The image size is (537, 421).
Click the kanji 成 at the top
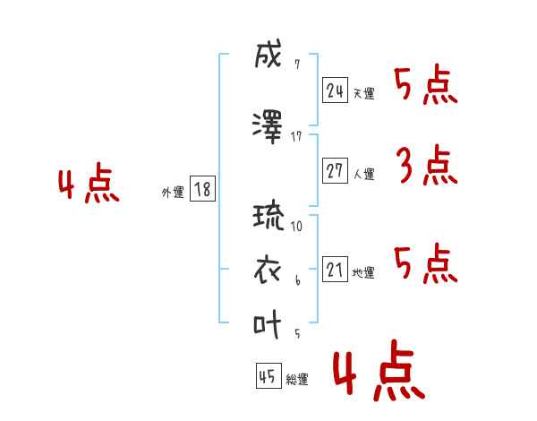pyautogui.click(x=268, y=54)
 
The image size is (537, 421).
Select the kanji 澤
pyautogui.click(x=268, y=127)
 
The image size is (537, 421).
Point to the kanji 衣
pyautogui.click(x=268, y=271)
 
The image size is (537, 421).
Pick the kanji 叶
pyautogui.click(x=267, y=324)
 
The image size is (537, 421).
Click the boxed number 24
pyautogui.click(x=335, y=90)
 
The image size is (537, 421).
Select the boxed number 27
pyautogui.click(x=335, y=170)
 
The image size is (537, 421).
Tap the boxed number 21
pyautogui.click(x=335, y=269)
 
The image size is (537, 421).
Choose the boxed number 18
pyautogui.click(x=202, y=189)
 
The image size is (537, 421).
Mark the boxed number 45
pyautogui.click(x=268, y=375)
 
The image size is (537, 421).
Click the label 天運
pyautogui.click(x=364, y=93)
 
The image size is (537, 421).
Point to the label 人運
pyautogui.click(x=364, y=174)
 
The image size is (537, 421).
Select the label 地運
pyautogui.click(x=363, y=272)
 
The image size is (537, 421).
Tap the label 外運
pyautogui.click(x=173, y=193)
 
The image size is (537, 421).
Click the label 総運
pyautogui.click(x=297, y=379)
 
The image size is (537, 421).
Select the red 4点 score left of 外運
pyautogui.click(x=89, y=183)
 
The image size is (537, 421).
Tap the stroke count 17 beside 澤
pyautogui.click(x=296, y=137)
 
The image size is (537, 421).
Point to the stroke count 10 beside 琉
pyautogui.click(x=296, y=227)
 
